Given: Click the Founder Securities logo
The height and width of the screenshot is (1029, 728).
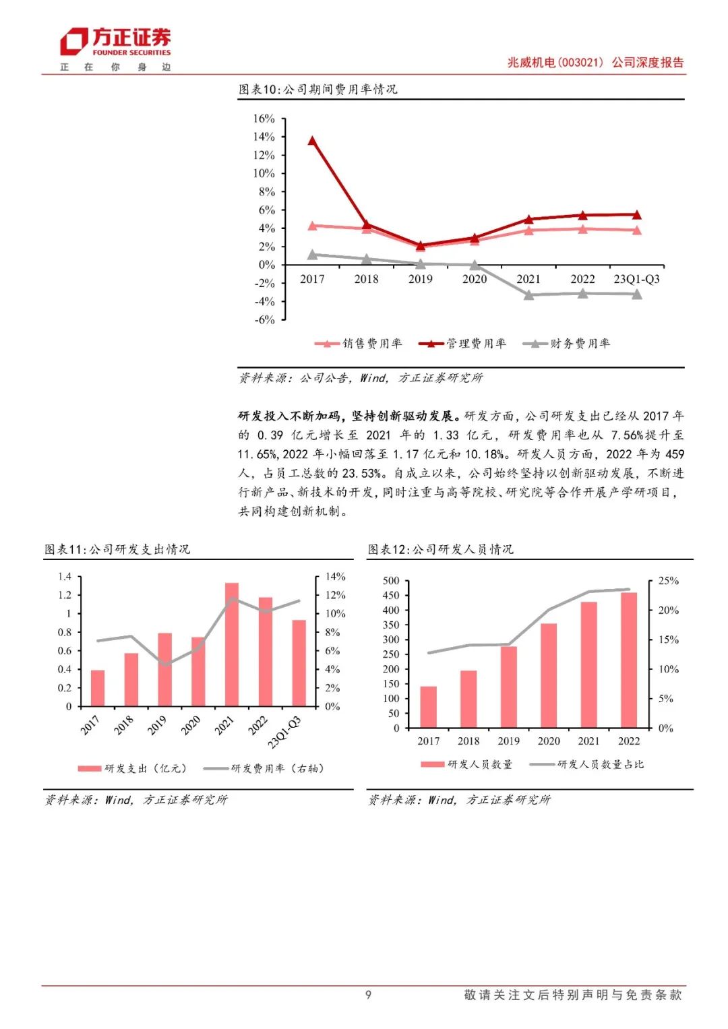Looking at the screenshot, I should [x=115, y=42].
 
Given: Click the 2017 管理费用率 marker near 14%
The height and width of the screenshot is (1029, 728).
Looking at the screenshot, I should [x=312, y=141].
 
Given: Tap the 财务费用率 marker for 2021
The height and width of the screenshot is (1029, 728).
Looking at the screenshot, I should [x=528, y=295].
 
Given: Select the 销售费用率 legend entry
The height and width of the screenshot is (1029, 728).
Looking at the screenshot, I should [x=359, y=344].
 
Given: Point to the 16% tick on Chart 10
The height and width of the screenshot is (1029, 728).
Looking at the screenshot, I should [x=264, y=119].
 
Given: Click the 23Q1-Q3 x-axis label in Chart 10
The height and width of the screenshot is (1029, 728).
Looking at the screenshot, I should [x=636, y=279].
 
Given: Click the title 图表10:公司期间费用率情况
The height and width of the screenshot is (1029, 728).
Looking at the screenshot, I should [x=318, y=90].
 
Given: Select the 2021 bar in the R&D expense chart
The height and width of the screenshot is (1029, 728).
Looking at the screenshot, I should [x=232, y=644].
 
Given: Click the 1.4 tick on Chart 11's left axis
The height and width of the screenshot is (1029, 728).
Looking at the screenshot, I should [x=65, y=577].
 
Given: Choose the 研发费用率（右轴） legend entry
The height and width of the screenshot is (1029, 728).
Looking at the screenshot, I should [x=264, y=768].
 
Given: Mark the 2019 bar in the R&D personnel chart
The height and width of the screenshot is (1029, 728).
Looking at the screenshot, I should [x=508, y=687].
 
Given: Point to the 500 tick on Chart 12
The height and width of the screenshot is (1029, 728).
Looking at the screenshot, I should [x=391, y=581].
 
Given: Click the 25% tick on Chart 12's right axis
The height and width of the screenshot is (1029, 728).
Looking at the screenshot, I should [x=668, y=581].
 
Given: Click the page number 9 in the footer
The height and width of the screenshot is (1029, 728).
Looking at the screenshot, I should [x=368, y=995].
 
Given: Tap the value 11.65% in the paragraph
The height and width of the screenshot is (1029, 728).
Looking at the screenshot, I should [x=255, y=454].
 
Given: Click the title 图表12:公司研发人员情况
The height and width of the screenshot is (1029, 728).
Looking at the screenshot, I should [x=441, y=549].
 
